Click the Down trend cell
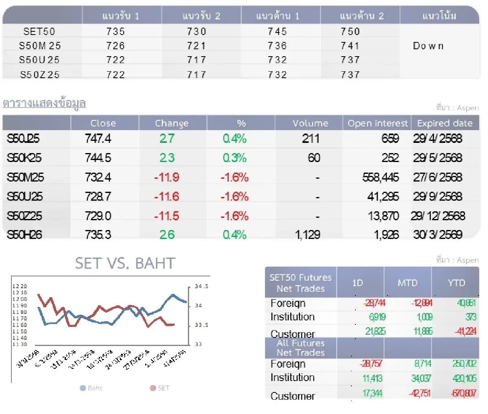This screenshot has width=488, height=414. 428,46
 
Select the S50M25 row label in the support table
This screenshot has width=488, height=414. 39,46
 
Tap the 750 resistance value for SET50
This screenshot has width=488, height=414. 350,31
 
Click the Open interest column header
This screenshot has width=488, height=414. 377,123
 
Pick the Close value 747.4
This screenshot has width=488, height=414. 98,138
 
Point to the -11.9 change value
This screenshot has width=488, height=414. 167,177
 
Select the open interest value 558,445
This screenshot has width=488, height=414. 380,177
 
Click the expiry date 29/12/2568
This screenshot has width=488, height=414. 438,216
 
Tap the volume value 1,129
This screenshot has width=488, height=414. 307,234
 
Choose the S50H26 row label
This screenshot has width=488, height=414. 24,234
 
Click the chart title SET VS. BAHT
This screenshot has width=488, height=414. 125,263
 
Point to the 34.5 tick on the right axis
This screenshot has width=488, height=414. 201,286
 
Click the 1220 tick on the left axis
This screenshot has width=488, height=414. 20,286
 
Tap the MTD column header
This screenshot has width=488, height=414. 407,283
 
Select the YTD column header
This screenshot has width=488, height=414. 456,283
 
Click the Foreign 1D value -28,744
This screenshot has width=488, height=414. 374,303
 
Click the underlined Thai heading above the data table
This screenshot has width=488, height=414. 44,103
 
